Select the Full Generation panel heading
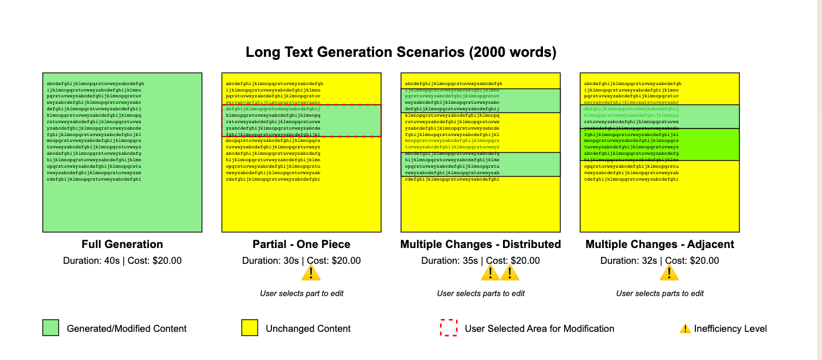pos(122,244)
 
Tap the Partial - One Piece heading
pos(301,244)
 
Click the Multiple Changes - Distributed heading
pos(480,244)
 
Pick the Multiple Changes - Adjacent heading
pos(660,244)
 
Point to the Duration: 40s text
pos(93,261)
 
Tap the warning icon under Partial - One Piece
pos(311,273)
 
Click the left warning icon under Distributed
pos(490,273)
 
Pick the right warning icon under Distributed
pos(509,273)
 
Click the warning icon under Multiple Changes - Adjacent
pos(669,273)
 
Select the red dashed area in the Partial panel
pos(301,121)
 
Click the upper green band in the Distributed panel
pos(480,100)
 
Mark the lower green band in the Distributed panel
pos(480,164)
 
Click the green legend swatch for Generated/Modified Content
pos(51,328)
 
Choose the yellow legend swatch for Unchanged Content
pos(250,328)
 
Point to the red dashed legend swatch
pos(448,328)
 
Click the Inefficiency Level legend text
pos(731,329)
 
